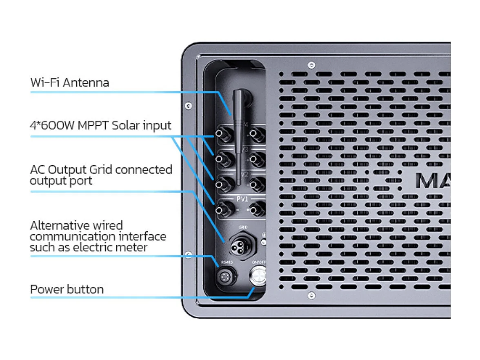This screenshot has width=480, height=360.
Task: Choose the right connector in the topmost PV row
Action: (257, 134)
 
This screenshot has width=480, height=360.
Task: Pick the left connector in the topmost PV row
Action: (221, 134)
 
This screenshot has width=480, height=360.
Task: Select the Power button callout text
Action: (67, 289)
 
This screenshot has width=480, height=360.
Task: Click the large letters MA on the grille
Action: (433, 181)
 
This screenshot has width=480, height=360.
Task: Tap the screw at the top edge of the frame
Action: (311, 64)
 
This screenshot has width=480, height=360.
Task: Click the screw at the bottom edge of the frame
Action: (311, 295)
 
